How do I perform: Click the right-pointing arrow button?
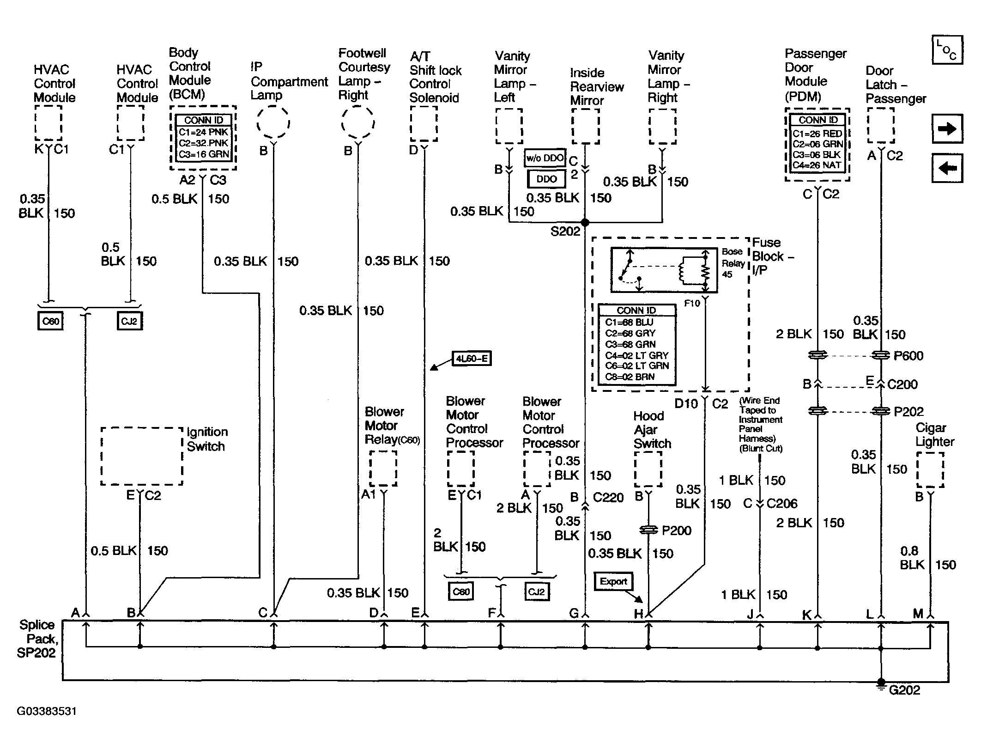[947, 128]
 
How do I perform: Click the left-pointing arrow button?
[947, 168]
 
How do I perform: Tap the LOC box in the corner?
[947, 49]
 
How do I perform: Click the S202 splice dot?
[585, 222]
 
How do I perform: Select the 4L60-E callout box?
[471, 358]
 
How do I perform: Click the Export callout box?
[613, 581]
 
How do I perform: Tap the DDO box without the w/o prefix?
[546, 179]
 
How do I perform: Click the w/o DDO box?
[545, 158]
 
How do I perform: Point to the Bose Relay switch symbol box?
[664, 270]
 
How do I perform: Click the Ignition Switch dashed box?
[142, 456]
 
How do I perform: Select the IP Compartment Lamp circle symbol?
[273, 122]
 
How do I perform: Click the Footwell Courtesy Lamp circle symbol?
[358, 122]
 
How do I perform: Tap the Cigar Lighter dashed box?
[930, 470]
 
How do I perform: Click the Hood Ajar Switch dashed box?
[648, 469]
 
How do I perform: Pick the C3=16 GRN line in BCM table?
[204, 154]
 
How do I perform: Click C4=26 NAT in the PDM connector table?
[817, 165]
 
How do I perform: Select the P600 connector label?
[908, 356]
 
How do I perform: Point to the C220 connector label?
[608, 497]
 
